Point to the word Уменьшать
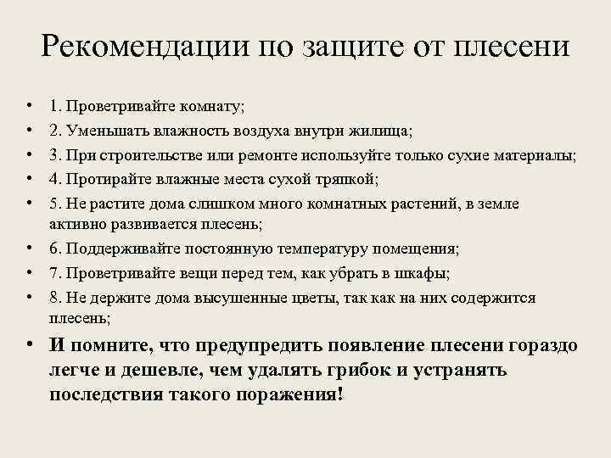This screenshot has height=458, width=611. coord(108,131)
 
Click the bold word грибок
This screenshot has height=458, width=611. coord(373,371)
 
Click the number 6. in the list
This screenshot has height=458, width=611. coord(55,249)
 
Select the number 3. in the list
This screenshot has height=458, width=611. coord(55,155)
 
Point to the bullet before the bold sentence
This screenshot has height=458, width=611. coord(29,346)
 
